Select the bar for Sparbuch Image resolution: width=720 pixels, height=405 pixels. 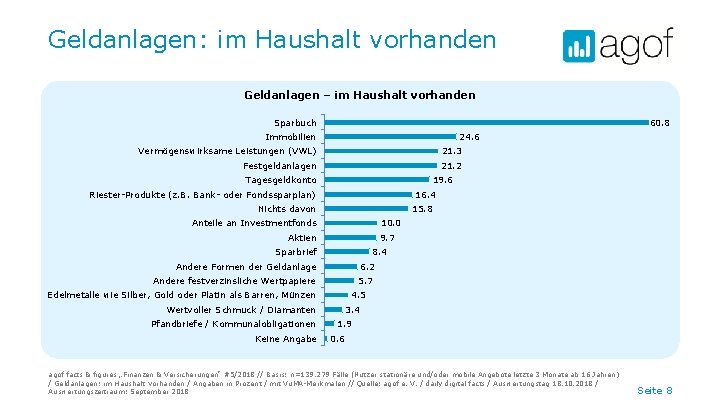point(484,123)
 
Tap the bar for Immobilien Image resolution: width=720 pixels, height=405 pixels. point(390,137)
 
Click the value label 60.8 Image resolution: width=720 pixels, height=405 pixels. point(659,123)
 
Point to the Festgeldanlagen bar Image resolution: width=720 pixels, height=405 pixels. point(381,166)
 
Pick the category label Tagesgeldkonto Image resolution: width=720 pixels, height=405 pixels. point(280,180)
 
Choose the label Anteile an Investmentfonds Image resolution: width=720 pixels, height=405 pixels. point(254,223)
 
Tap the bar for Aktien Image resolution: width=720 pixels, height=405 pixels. point(350,238)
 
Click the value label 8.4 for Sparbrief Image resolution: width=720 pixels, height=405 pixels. point(379,252)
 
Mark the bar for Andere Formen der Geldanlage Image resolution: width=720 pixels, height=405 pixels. point(340,267)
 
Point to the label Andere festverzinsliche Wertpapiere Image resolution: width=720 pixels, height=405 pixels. point(235,281)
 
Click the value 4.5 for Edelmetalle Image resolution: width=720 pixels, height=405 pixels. point(359,295)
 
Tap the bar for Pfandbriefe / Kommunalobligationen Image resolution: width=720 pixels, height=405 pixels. point(328,324)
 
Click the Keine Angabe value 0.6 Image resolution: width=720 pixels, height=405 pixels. point(338,339)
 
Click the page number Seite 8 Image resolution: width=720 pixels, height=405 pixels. point(655,389)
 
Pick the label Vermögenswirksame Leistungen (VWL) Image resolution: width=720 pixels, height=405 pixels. point(227,151)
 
